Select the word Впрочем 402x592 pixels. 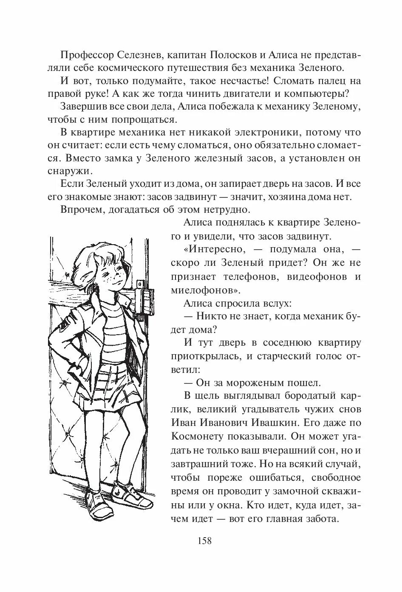81,209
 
